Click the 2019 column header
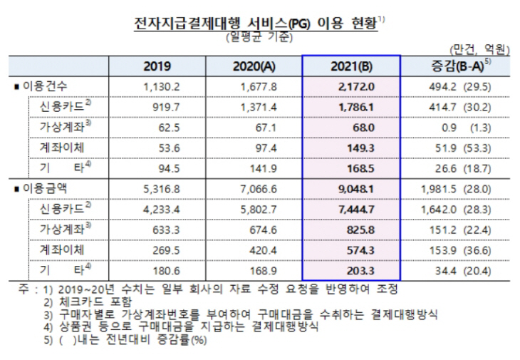[157, 67]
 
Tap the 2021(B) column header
[350, 67]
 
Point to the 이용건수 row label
[43, 86]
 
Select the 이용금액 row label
[43, 188]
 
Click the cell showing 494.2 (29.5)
[459, 86]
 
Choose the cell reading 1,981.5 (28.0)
[457, 188]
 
